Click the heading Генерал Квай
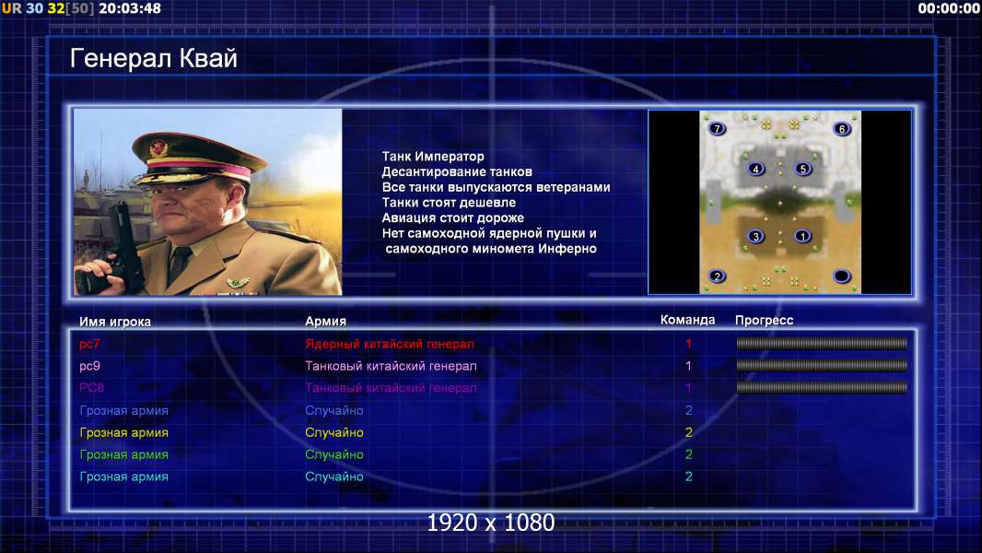click(154, 58)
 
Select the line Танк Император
click(433, 157)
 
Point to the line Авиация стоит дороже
click(453, 218)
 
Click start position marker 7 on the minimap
click(717, 128)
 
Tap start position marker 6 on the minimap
click(842, 129)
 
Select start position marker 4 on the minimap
click(756, 169)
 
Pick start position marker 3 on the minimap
click(756, 236)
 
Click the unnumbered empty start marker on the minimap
click(842, 276)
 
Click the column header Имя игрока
click(114, 322)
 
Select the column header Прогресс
click(764, 321)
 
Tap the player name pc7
click(89, 344)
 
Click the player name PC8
click(91, 388)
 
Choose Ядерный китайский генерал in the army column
click(390, 344)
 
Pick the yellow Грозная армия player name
click(124, 433)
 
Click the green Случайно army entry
click(333, 454)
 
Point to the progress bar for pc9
click(821, 365)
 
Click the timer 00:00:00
click(949, 8)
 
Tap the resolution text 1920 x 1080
click(490, 523)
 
